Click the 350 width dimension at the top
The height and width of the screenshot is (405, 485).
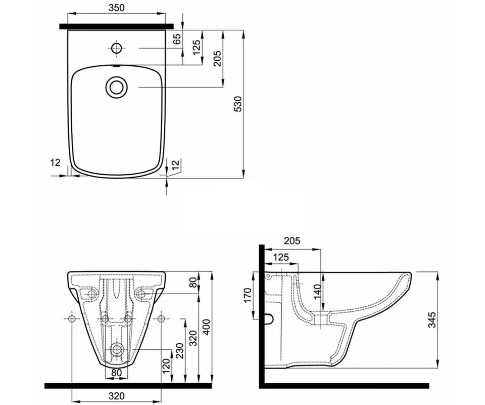click(117, 8)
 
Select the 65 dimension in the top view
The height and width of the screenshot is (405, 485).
click(177, 39)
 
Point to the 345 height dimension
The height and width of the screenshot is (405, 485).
click(432, 320)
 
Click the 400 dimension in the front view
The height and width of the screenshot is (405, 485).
click(206, 327)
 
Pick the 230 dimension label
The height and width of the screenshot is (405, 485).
click(180, 350)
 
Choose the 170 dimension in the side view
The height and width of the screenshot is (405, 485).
click(248, 296)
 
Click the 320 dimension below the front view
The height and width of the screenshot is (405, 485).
click(117, 396)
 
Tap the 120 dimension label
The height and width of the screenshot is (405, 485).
click(166, 366)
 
